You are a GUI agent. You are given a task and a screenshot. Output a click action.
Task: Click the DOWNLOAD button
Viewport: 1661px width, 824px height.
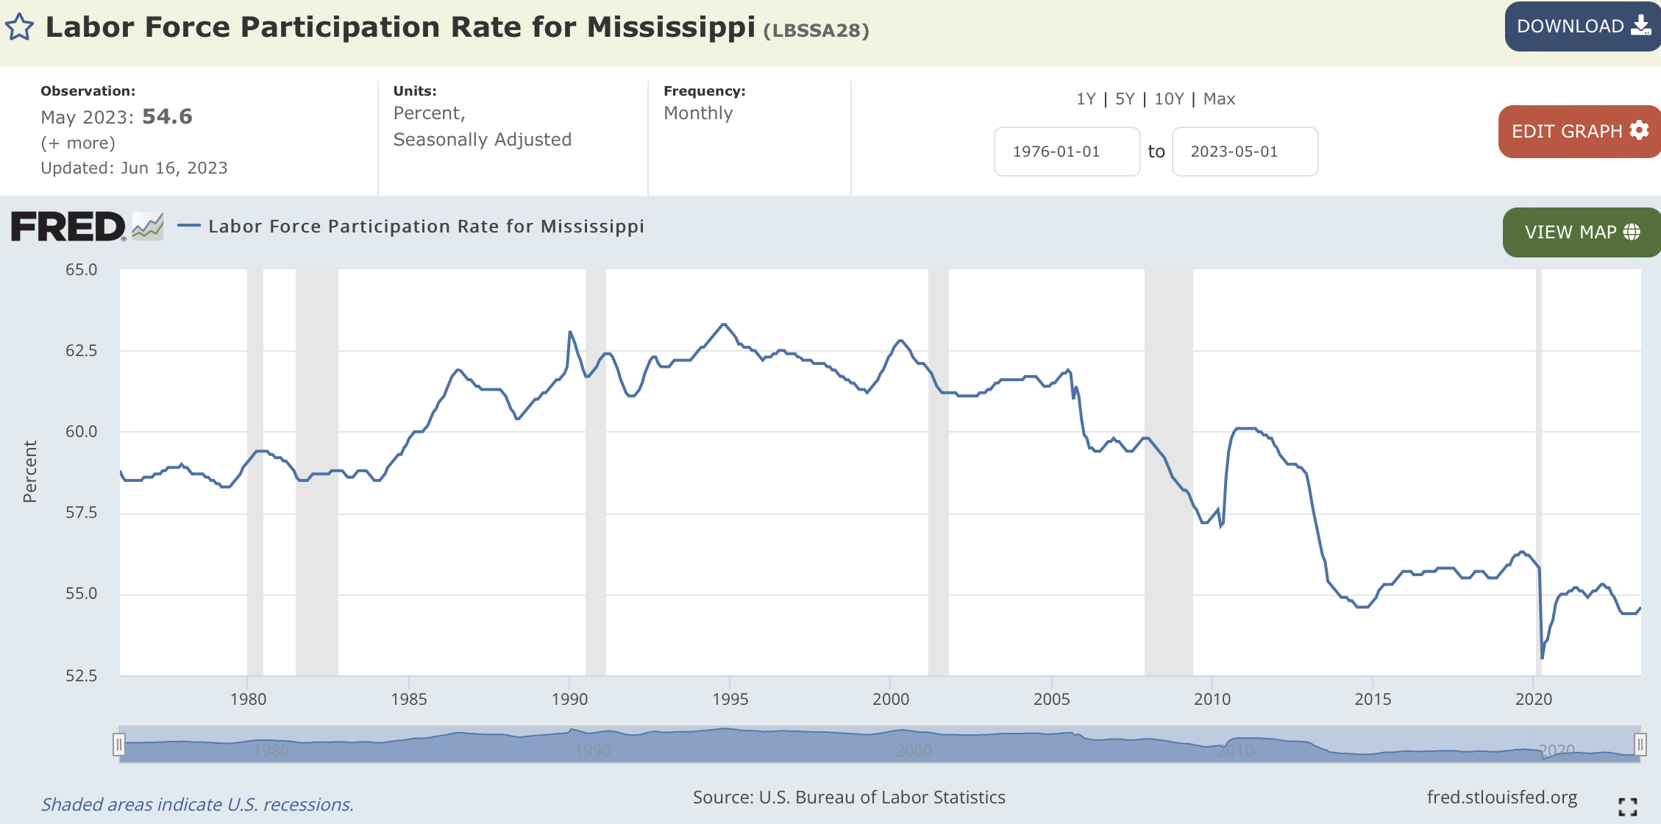[1582, 26]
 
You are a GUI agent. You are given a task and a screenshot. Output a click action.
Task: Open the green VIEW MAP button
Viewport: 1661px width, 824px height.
[1581, 232]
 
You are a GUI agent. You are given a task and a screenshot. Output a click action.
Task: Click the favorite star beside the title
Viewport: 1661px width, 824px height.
[20, 28]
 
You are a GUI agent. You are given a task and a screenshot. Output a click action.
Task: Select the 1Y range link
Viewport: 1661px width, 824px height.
[1086, 99]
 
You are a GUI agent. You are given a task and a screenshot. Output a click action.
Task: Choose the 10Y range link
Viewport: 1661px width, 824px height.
[1169, 99]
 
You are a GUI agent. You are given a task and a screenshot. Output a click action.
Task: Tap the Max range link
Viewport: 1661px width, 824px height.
[1219, 99]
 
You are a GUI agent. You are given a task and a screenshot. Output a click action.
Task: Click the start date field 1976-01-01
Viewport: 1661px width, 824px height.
[1067, 152]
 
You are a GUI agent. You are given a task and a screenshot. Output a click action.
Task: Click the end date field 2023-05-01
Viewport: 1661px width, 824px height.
[1245, 152]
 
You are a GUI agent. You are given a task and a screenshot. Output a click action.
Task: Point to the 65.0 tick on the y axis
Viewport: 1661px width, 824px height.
[81, 270]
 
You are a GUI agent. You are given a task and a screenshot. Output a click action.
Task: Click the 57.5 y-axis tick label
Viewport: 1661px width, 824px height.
[81, 513]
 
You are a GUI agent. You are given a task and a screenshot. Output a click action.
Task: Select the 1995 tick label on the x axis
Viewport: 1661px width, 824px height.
[730, 699]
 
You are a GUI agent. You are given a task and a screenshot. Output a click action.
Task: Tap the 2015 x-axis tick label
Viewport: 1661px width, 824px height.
[1373, 699]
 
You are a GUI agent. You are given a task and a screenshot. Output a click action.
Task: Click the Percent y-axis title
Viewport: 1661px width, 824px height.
[30, 472]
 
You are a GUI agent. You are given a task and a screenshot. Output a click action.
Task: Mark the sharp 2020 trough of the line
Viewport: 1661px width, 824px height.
[1542, 658]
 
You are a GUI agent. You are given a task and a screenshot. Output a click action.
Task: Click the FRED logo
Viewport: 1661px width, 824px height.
[68, 227]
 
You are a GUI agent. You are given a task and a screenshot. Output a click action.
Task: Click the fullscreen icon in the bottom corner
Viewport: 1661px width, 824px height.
[1627, 806]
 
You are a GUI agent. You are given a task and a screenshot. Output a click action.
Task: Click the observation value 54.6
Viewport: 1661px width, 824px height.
[167, 117]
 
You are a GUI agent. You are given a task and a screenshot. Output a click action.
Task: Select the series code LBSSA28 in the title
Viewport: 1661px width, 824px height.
[817, 31]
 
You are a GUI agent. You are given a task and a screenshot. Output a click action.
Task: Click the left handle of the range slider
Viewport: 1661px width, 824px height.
[118, 745]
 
